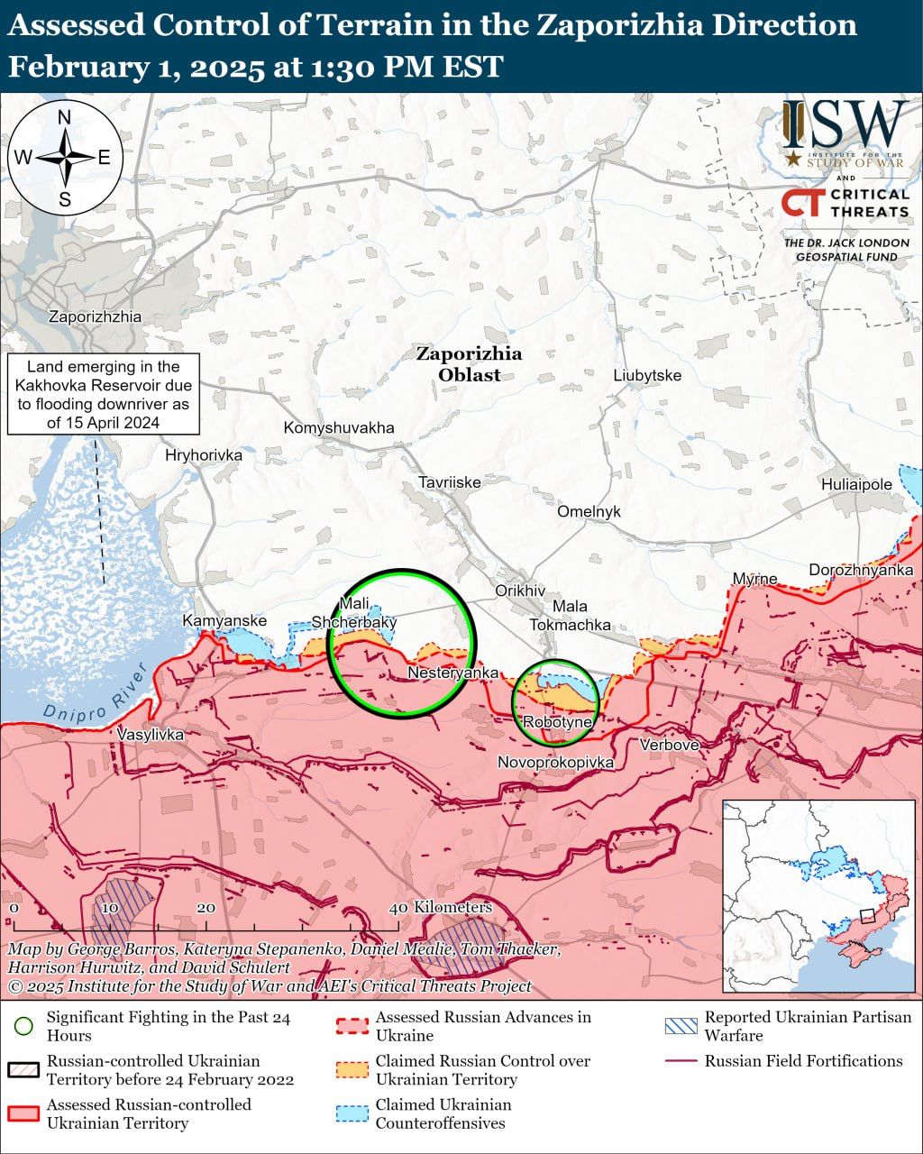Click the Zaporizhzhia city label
point(95,316)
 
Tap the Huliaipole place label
point(855,484)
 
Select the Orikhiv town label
point(520,591)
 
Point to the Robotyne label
point(557,722)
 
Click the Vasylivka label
point(151,735)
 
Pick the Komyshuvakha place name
point(338,427)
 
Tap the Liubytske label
point(647,375)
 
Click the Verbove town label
point(669,745)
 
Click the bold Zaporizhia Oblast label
point(469,364)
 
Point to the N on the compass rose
point(65,117)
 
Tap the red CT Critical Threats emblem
point(801,203)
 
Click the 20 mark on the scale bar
point(206,908)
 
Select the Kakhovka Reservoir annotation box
point(104,394)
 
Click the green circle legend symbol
point(24,1026)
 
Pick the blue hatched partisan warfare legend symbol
point(680,1026)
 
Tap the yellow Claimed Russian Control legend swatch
point(352,1069)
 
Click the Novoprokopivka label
point(555,763)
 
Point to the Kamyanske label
point(224,621)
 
